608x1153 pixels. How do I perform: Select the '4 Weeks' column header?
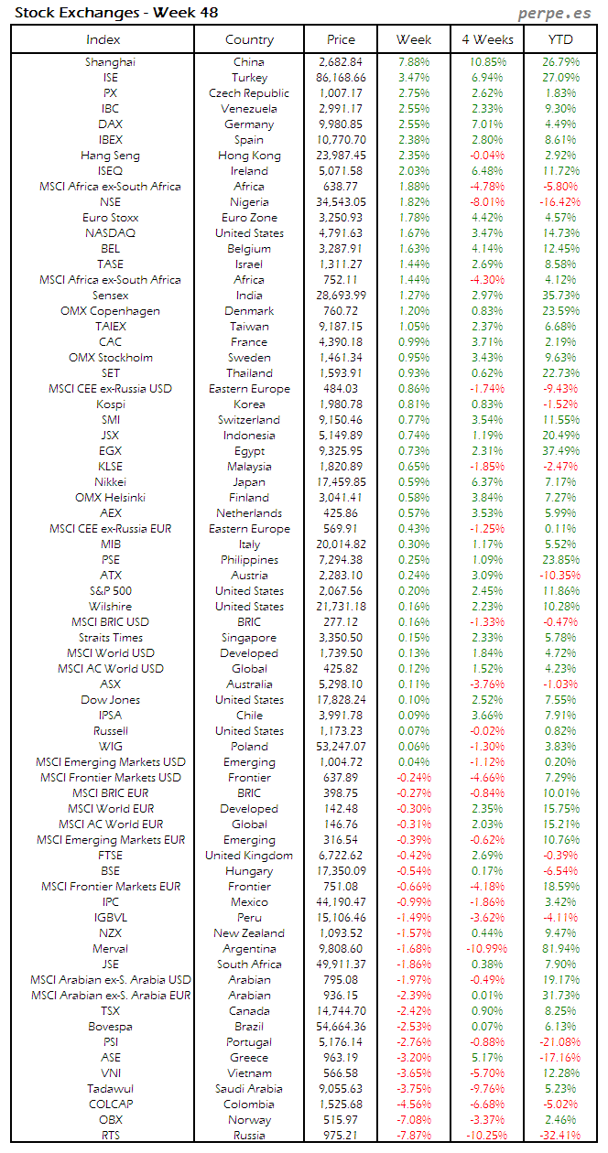(x=488, y=39)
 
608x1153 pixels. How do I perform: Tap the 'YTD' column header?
(x=561, y=39)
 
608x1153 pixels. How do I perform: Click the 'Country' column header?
(x=249, y=39)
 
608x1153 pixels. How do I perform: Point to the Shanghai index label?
(x=111, y=62)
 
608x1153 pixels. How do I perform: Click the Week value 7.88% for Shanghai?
(x=414, y=62)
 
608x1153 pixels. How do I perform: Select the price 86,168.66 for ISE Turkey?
(x=341, y=78)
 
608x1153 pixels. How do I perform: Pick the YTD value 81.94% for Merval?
(x=561, y=949)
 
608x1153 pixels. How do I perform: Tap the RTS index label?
(x=111, y=1136)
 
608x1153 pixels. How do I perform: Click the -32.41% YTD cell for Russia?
(x=559, y=1136)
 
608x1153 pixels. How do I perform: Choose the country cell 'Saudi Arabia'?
(x=249, y=1089)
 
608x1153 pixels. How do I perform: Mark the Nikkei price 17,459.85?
(x=341, y=482)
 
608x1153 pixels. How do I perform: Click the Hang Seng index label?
(x=111, y=156)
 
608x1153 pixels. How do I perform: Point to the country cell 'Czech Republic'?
(x=249, y=93)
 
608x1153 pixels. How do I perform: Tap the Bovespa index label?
(x=111, y=1027)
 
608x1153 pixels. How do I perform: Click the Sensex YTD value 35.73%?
(x=561, y=296)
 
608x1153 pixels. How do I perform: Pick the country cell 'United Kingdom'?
(x=249, y=856)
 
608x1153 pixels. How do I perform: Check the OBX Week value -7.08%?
(x=413, y=1120)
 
